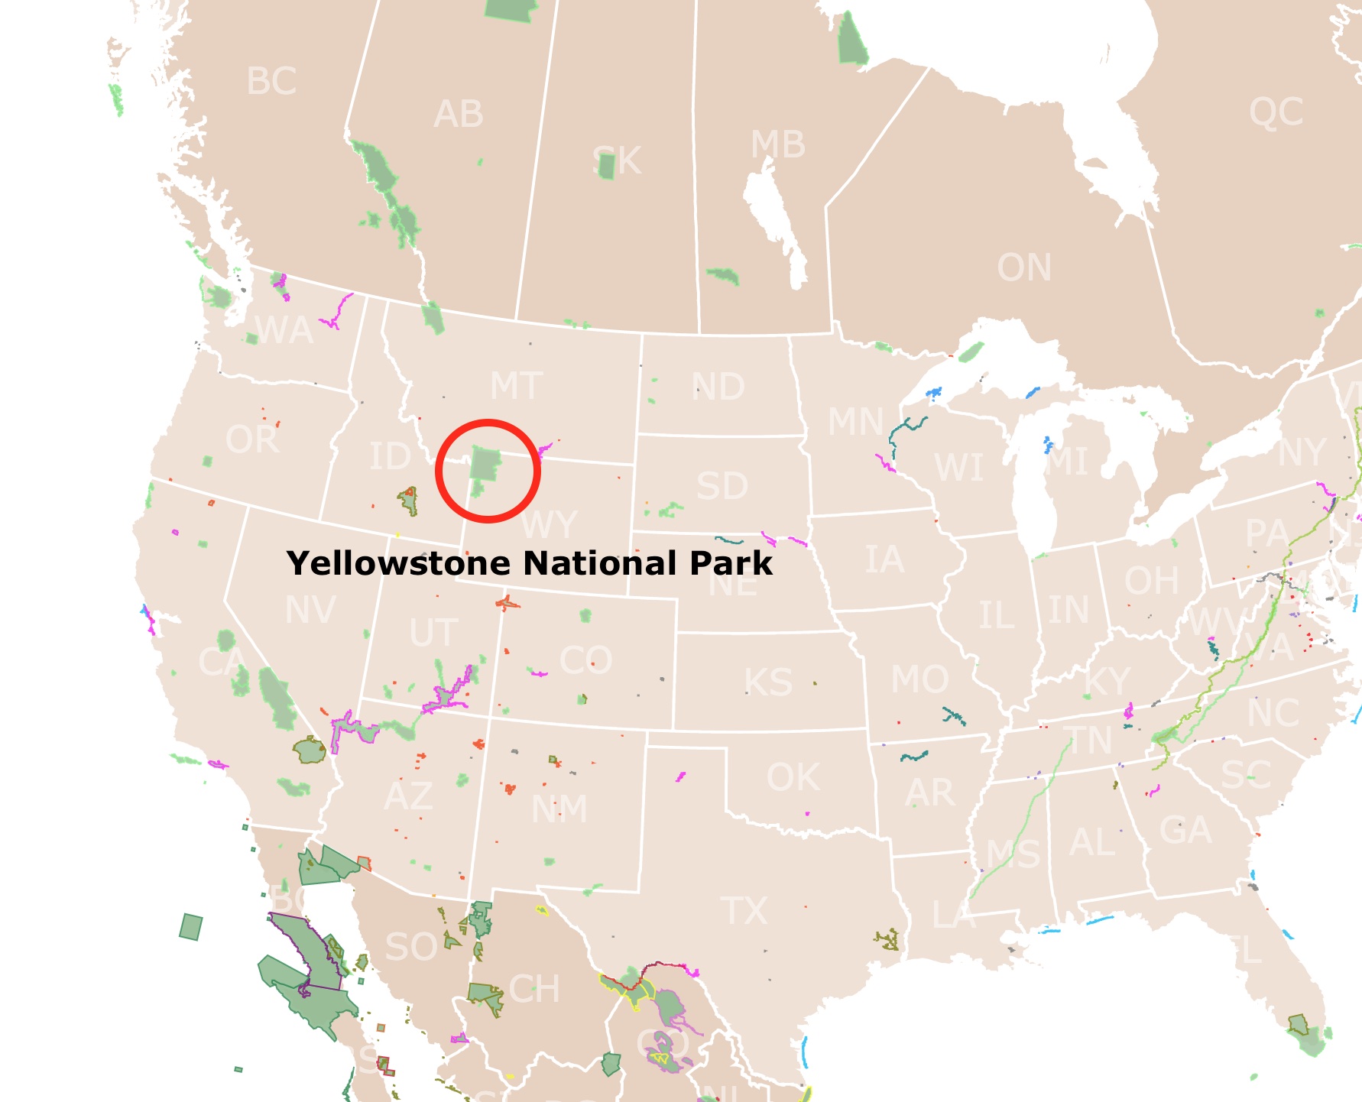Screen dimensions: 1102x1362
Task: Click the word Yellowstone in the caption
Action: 398,564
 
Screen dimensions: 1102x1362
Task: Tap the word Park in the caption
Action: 731,564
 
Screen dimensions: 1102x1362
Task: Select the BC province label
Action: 271,82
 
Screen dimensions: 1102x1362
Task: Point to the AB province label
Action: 459,115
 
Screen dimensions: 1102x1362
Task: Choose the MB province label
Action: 778,144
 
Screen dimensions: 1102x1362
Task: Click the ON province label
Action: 1024,267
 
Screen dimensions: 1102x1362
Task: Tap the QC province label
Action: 1276,112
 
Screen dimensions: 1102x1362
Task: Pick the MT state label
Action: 516,386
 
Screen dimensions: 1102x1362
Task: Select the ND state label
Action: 718,387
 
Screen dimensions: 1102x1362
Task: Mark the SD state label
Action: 722,486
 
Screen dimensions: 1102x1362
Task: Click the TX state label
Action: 744,911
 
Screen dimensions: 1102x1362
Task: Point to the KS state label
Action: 769,682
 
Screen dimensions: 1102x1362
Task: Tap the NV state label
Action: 310,611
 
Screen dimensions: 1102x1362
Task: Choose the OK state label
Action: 793,778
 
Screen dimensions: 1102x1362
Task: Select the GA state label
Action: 1185,830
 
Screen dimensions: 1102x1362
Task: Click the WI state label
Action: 959,468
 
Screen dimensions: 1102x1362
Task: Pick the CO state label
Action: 585,660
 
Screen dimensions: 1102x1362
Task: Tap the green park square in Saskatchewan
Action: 607,167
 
